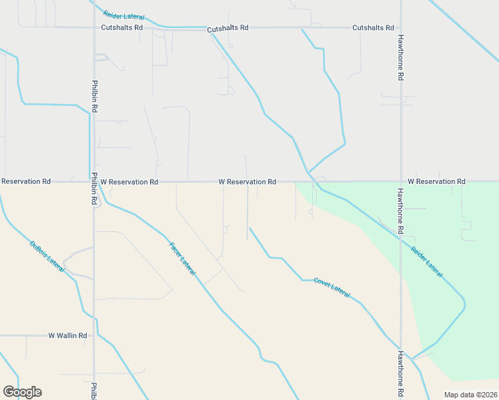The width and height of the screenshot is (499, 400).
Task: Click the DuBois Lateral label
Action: click(x=47, y=256)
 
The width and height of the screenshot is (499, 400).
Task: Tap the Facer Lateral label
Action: click(x=181, y=259)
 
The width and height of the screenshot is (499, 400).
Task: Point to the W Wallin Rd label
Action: click(x=68, y=336)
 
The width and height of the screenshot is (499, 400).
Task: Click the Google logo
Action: click(x=22, y=392)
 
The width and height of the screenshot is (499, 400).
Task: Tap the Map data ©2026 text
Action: click(x=470, y=395)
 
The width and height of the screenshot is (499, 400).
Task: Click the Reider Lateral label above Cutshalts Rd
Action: click(x=124, y=14)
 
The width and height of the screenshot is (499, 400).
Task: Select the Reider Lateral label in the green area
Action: click(x=427, y=262)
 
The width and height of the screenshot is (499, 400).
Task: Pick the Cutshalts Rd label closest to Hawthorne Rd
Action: click(x=373, y=28)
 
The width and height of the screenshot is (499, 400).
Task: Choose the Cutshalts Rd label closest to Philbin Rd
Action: click(x=122, y=28)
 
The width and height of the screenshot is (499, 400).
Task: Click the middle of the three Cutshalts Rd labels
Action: click(x=227, y=29)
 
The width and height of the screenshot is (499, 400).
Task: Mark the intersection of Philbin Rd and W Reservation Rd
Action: click(x=94, y=181)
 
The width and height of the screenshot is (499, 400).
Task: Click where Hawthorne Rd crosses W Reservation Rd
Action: click(x=401, y=181)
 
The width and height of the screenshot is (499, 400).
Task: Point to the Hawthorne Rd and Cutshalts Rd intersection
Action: click(x=401, y=28)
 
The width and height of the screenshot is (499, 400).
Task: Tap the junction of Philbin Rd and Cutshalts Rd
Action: click(x=94, y=27)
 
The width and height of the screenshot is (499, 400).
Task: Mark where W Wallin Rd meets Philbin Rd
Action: click(x=94, y=336)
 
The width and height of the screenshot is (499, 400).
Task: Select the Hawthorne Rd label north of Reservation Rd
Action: click(x=400, y=58)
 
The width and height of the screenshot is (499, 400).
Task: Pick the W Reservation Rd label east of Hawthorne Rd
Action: click(x=436, y=181)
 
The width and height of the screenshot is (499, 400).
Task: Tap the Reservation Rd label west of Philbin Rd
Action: click(x=25, y=181)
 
